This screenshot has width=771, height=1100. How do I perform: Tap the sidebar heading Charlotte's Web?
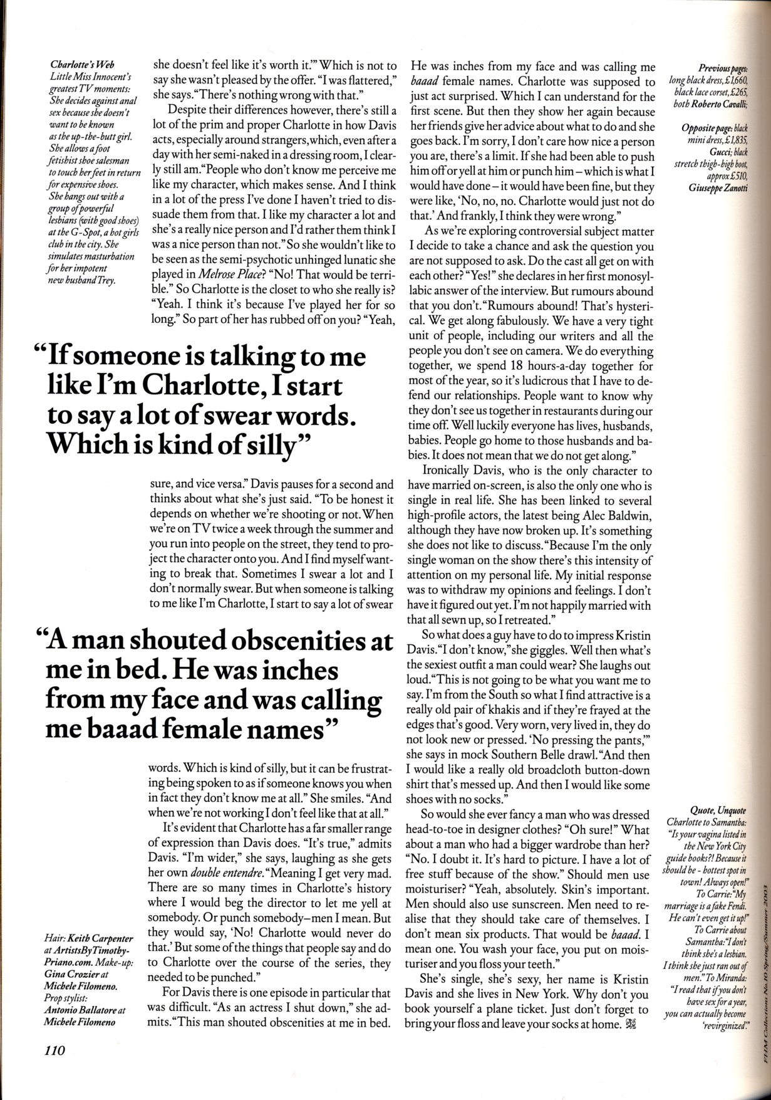(77, 65)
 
